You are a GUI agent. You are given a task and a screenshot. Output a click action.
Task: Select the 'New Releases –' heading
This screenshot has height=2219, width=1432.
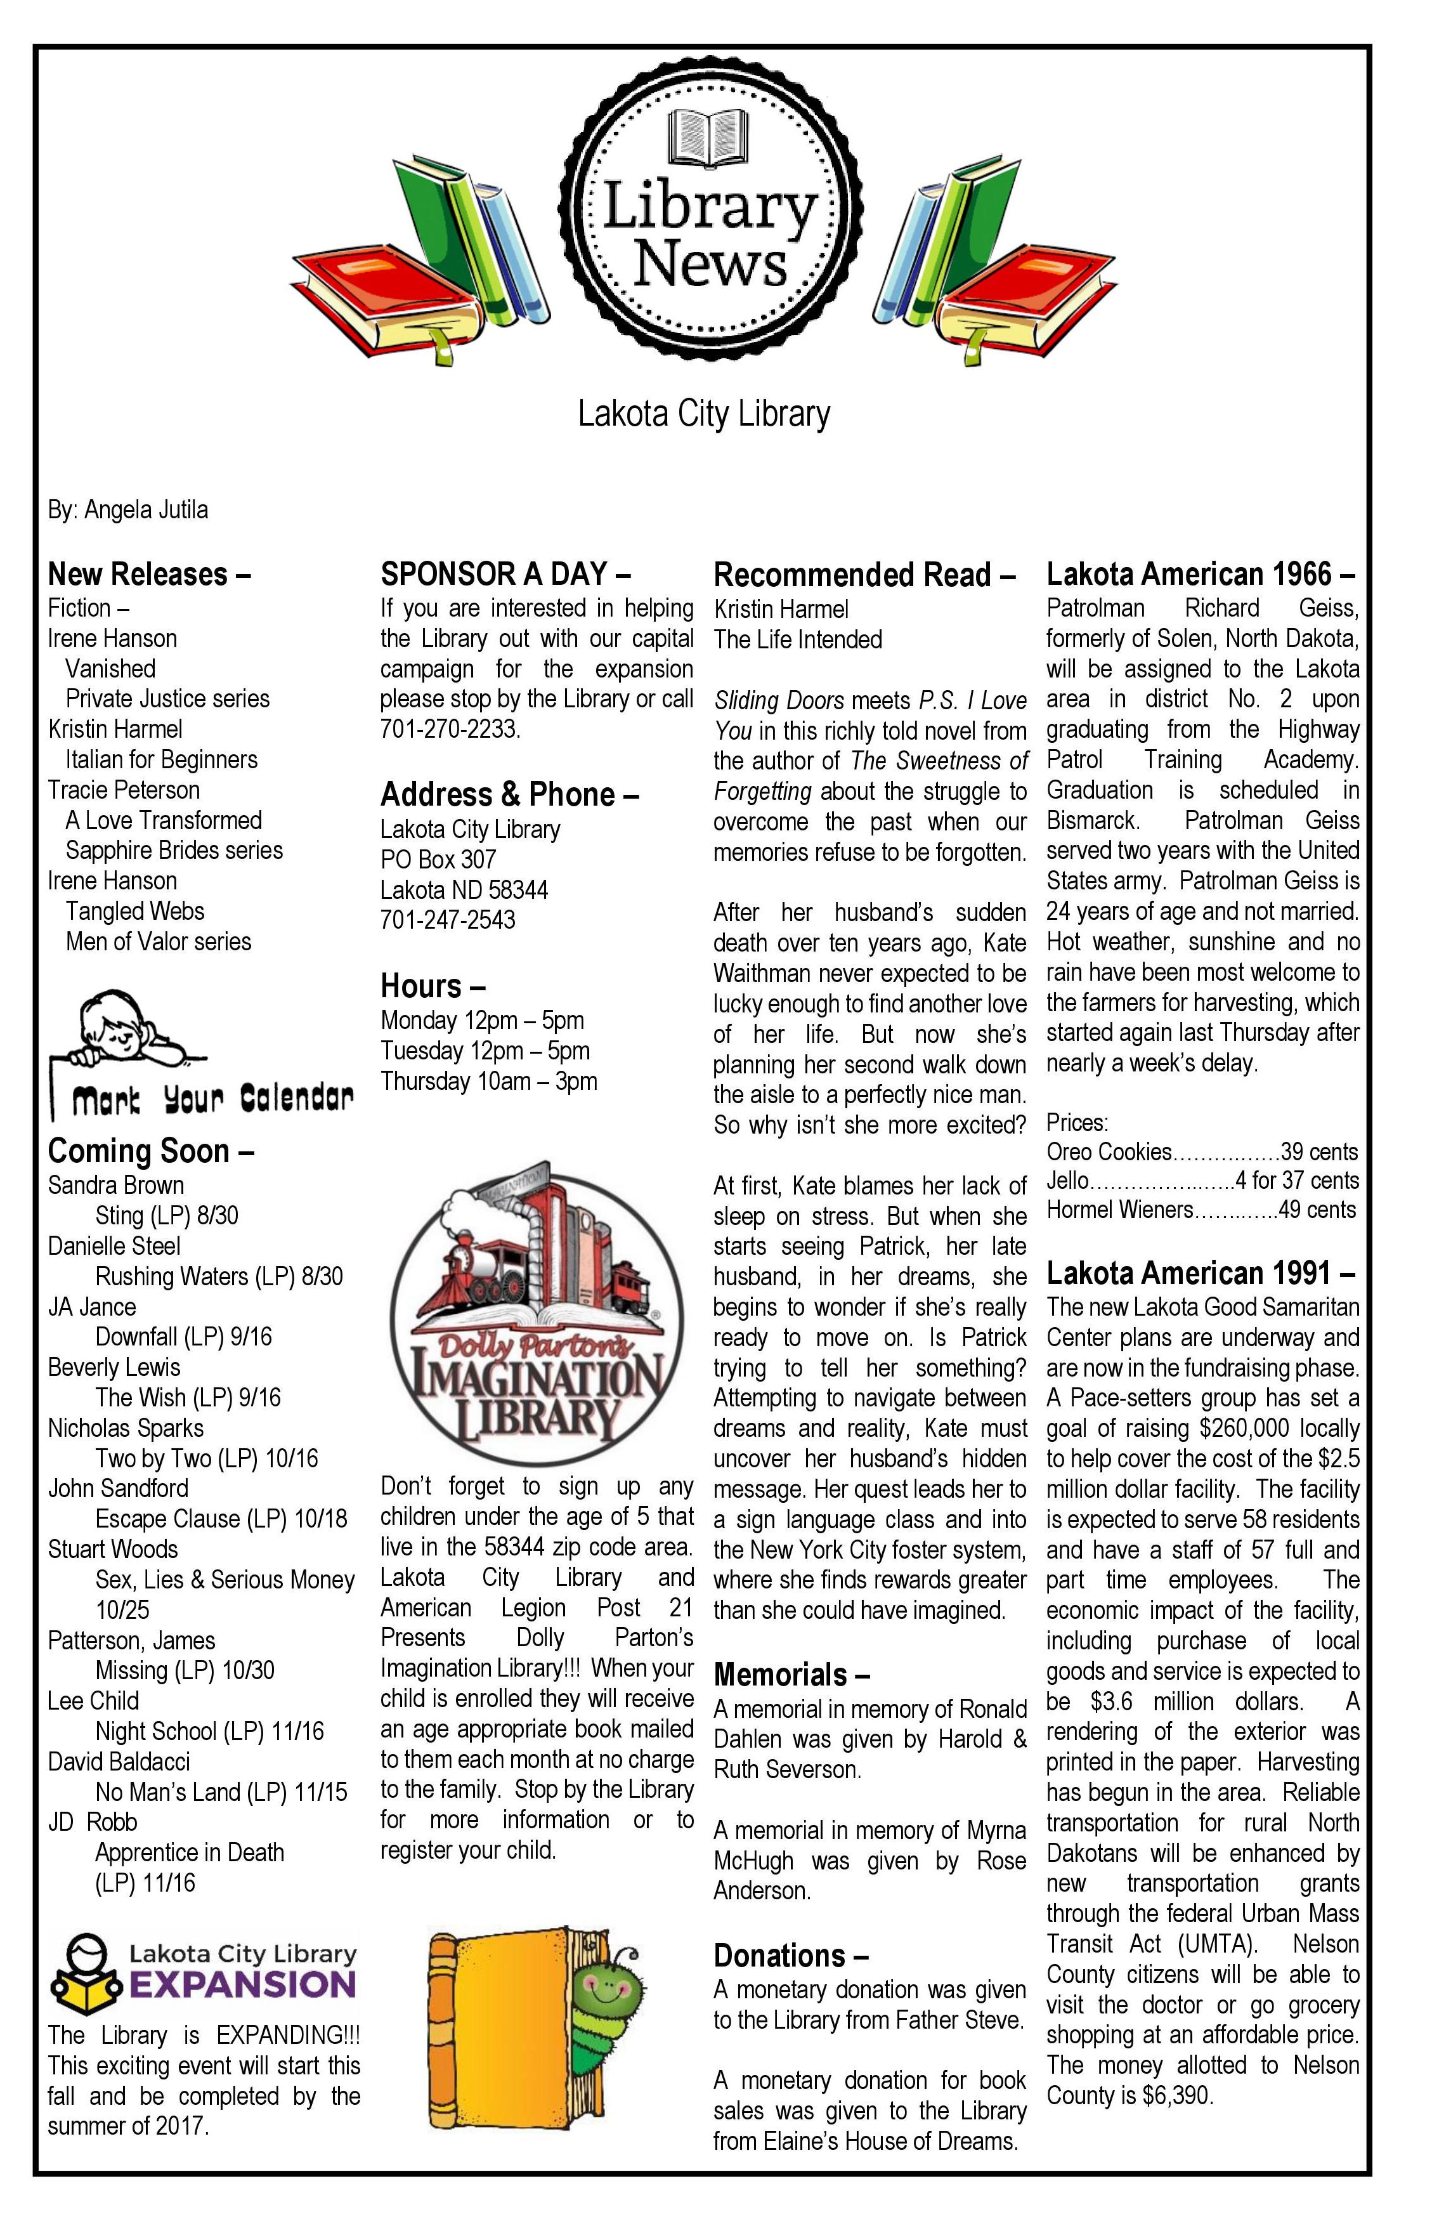[x=149, y=574]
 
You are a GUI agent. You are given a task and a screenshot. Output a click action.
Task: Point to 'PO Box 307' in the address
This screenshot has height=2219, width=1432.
[x=438, y=860]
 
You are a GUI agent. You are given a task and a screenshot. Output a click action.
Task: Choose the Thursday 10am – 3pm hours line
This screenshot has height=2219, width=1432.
[x=488, y=1081]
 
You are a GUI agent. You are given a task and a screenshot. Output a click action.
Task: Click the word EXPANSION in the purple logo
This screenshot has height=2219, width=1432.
[x=243, y=1986]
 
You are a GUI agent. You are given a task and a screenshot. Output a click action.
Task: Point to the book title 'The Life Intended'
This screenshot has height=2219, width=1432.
[x=798, y=640]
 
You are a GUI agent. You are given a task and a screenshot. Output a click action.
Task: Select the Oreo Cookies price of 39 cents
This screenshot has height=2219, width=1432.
[x=1318, y=1152]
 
